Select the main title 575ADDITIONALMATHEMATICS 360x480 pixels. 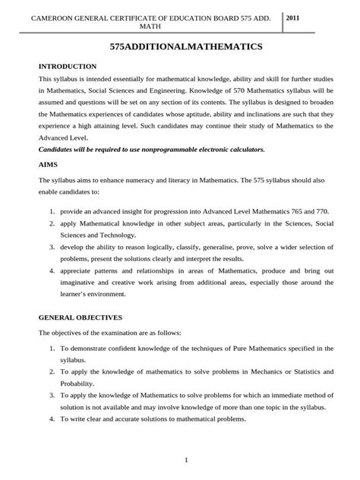tap(179, 47)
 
